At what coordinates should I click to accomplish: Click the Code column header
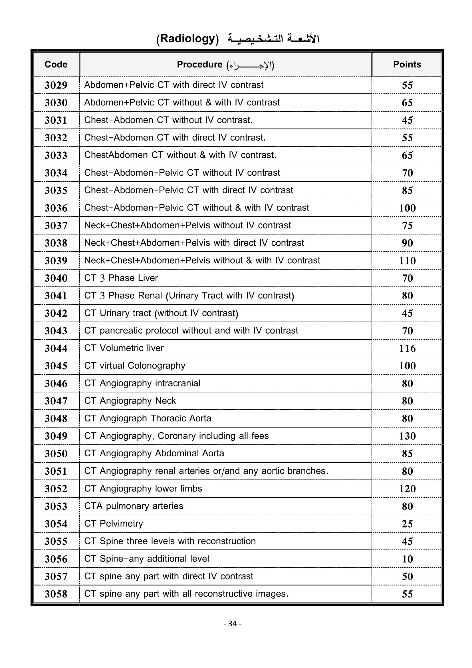tap(56, 64)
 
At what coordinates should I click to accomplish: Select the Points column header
tap(407, 64)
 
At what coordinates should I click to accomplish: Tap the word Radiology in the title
tap(187, 39)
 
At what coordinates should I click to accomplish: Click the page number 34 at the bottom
tap(233, 623)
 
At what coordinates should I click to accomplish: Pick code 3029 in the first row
tap(56, 85)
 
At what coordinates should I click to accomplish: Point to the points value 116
tap(407, 348)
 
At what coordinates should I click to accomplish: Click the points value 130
tap(407, 436)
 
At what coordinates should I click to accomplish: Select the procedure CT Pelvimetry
tap(113, 523)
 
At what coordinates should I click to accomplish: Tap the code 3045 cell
tap(56, 366)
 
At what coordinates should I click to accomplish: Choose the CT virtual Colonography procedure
tap(135, 366)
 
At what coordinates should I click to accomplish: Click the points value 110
tap(407, 260)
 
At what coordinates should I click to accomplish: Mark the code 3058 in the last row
tap(56, 594)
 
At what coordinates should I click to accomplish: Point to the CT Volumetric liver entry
tap(124, 348)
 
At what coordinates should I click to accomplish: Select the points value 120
tap(407, 488)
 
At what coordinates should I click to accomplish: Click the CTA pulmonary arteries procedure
tap(133, 506)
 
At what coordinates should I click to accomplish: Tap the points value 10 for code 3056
tap(407, 559)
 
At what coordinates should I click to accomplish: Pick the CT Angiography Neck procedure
tap(130, 401)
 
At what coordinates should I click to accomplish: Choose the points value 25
tap(407, 524)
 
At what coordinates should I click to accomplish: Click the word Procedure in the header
tap(199, 64)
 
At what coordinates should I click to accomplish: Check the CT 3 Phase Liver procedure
tap(121, 278)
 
